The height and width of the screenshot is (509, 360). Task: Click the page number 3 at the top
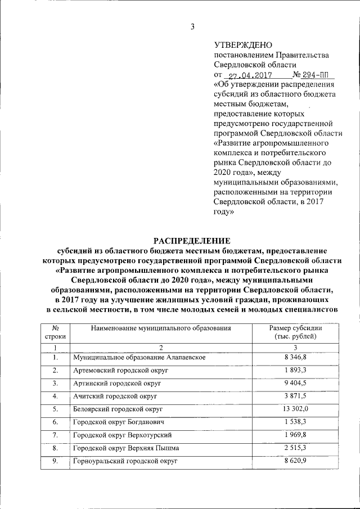tap(192, 26)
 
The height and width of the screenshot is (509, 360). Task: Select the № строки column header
tap(55, 332)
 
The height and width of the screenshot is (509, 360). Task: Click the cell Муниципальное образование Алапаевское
tap(139, 357)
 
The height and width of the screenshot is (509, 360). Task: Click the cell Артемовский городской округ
tap(121, 371)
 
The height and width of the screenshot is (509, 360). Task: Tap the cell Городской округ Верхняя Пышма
tap(126, 448)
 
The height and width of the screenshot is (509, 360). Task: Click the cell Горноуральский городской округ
tap(125, 461)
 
